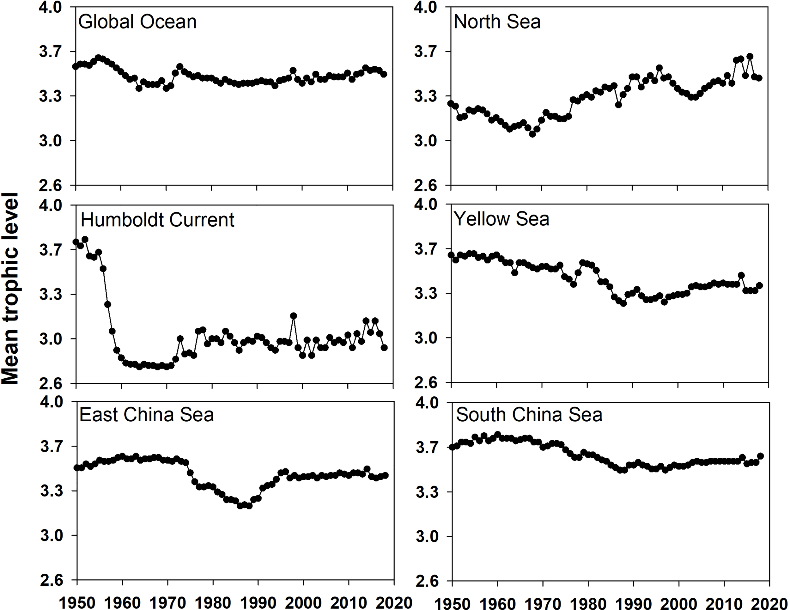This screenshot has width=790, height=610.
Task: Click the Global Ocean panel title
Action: (137, 22)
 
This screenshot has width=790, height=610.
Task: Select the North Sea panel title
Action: (497, 22)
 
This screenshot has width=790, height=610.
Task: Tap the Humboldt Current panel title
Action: (157, 220)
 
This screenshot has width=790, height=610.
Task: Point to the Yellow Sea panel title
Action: (501, 219)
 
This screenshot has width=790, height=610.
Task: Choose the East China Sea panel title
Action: (147, 415)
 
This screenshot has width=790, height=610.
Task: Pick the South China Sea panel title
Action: (529, 415)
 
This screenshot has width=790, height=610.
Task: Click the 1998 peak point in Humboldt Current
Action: (293, 316)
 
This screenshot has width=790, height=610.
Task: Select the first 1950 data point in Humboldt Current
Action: (76, 242)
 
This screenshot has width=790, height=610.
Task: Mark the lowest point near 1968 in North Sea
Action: (532, 134)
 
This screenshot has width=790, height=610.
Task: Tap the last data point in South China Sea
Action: (760, 456)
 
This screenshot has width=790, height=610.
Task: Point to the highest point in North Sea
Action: (750, 57)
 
